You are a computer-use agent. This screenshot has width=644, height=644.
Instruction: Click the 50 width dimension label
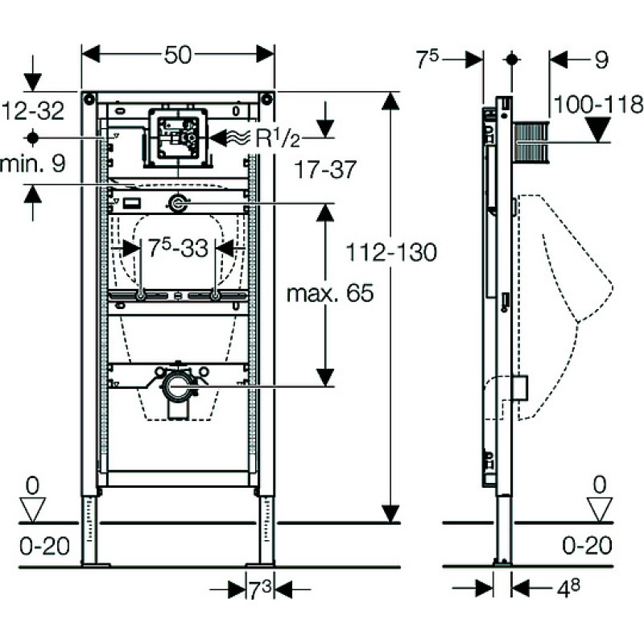coord(178,55)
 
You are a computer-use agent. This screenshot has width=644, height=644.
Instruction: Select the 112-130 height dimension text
coord(391,252)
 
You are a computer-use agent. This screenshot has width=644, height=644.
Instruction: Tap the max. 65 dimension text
coord(330,293)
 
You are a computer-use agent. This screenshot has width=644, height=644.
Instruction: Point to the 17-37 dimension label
coord(325,169)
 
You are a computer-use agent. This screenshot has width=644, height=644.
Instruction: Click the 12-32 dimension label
coord(33,110)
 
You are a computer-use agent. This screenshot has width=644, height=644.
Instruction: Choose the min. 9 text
coord(33,163)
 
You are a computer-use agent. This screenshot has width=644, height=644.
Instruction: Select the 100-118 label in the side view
coord(598,105)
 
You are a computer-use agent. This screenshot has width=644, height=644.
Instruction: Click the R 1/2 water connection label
coord(278,138)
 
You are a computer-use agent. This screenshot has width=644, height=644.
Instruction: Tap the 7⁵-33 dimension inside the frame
coord(178,248)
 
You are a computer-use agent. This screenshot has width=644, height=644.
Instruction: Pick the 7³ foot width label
coord(260,591)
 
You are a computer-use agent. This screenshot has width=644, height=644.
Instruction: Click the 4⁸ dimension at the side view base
coord(569,588)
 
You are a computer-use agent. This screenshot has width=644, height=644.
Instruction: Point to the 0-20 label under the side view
coord(587,546)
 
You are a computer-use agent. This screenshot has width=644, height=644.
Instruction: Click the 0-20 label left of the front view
coord(45,547)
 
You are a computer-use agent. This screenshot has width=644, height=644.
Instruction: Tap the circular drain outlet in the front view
coord(177,386)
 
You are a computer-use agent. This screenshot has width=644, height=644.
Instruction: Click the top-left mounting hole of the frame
coord(89,98)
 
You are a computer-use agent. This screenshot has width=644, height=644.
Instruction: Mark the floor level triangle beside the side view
coord(599,510)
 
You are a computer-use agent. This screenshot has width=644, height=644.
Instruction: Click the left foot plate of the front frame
coord(96,565)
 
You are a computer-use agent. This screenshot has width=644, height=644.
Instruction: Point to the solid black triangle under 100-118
coord(599,130)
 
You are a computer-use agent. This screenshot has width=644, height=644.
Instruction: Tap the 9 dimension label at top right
coord(601,60)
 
